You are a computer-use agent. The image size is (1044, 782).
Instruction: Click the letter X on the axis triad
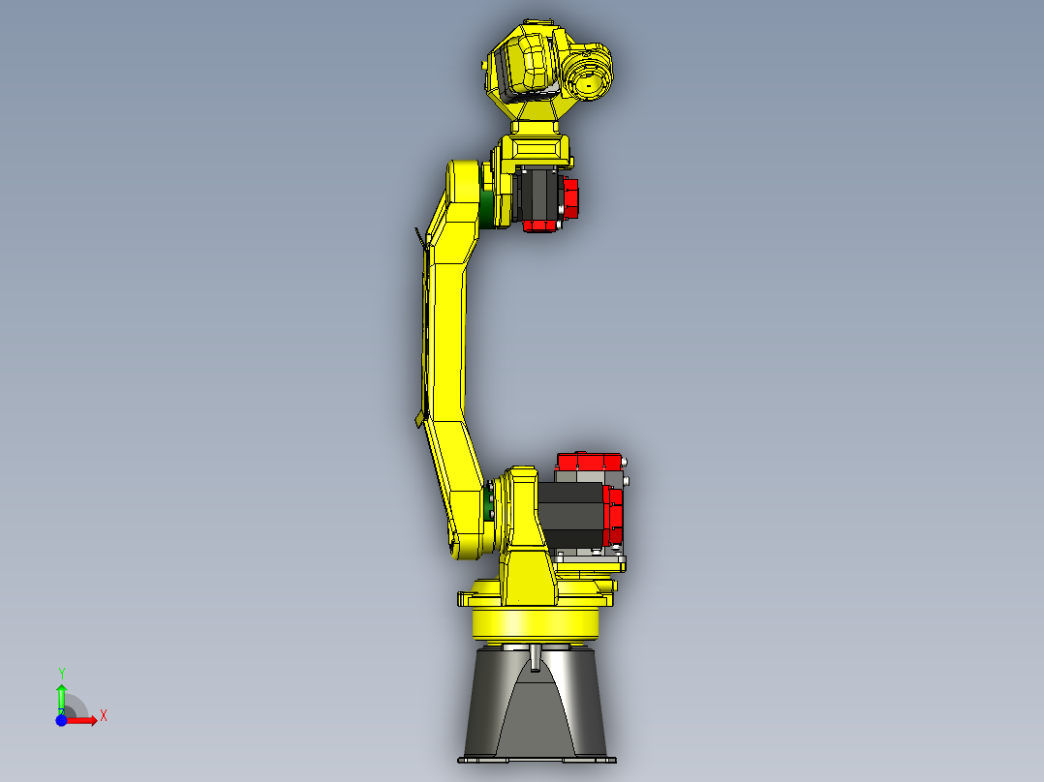(104, 715)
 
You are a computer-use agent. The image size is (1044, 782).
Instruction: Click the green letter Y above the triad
(61, 673)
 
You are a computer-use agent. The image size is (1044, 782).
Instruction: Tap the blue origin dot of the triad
(61, 720)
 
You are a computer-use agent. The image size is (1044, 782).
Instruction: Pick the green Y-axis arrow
(61, 697)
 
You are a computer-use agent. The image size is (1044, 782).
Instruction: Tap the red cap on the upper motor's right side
(569, 198)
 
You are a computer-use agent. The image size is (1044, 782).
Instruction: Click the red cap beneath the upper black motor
(541, 226)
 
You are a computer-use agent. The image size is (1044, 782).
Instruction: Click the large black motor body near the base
(569, 514)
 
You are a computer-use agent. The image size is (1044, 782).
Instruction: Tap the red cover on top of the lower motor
(590, 463)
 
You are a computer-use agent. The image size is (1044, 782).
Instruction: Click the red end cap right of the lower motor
(613, 516)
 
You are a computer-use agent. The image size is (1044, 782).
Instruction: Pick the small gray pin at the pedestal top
(536, 658)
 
